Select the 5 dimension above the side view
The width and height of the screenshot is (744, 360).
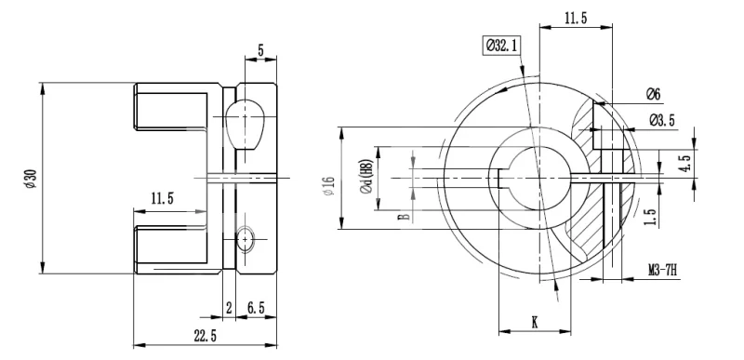[x=260, y=49]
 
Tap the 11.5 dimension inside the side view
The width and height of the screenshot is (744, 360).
[x=162, y=198]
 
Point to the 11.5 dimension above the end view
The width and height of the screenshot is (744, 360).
[x=576, y=19]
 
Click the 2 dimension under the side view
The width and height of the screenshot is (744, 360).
[x=229, y=308]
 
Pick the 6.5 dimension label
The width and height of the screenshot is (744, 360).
[x=256, y=308]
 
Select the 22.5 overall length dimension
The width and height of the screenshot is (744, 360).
[x=205, y=336]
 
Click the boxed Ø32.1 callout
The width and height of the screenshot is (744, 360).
[x=501, y=46]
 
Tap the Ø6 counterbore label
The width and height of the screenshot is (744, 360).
[x=653, y=94]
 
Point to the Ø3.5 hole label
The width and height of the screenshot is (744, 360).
[x=661, y=121]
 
